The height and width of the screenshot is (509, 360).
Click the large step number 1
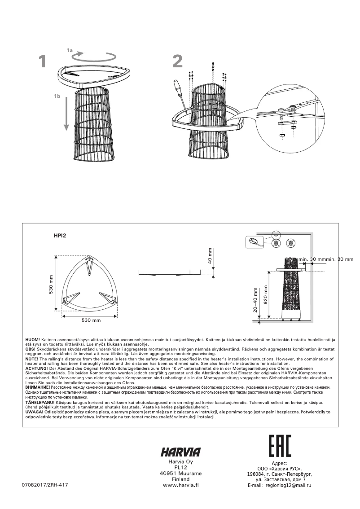click(42, 61)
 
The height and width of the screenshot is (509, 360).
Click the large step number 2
click(178, 61)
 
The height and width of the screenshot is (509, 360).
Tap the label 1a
click(70, 50)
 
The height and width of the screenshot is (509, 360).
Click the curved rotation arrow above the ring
click(95, 57)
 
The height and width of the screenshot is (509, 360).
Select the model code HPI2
click(60, 235)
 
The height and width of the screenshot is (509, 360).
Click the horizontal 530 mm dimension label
click(91, 320)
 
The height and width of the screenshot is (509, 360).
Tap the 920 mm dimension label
click(265, 294)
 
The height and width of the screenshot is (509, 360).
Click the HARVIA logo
click(180, 452)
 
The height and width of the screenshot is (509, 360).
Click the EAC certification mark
click(280, 446)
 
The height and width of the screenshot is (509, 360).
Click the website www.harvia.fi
click(180, 485)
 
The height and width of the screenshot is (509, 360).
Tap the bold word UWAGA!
click(34, 411)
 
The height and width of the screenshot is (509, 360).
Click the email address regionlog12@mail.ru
click(289, 485)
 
